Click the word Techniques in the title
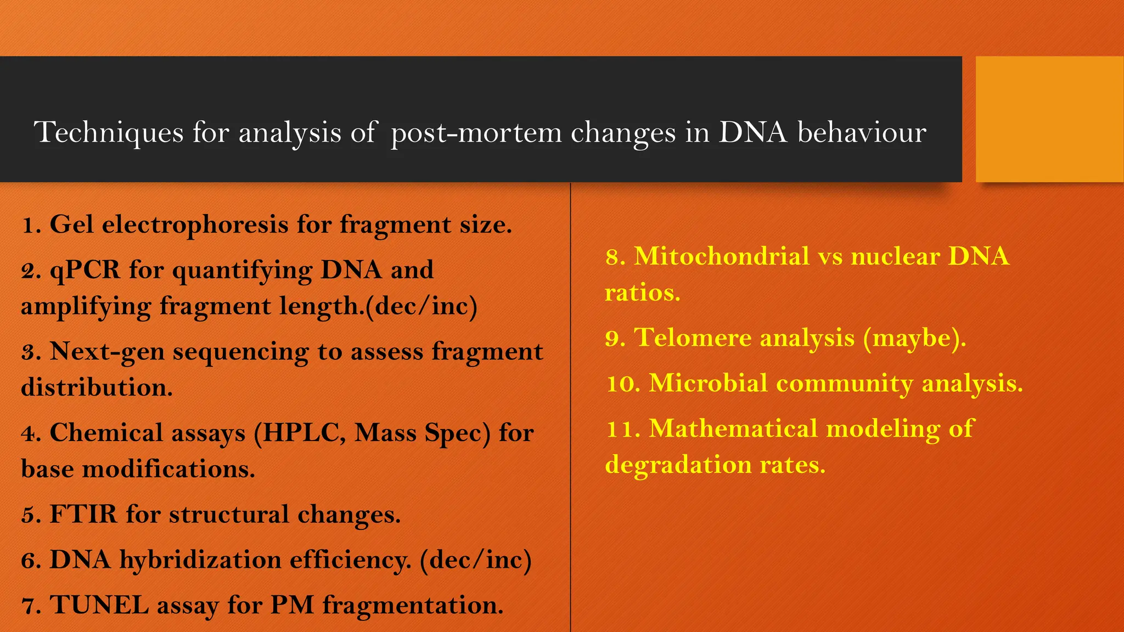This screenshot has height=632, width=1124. coord(108,133)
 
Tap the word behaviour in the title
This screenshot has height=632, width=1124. coord(862,133)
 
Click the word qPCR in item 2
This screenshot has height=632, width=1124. coord(85,270)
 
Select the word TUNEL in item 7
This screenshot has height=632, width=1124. coord(99,606)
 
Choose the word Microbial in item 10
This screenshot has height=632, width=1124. coord(708,383)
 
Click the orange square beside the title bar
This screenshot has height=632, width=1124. coord(1049,119)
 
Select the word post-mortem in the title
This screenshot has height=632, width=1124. coord(476,133)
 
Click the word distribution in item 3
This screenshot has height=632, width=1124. coord(97,387)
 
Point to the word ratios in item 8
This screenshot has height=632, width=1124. coord(642,292)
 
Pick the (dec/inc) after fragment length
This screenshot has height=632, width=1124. coord(421,306)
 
